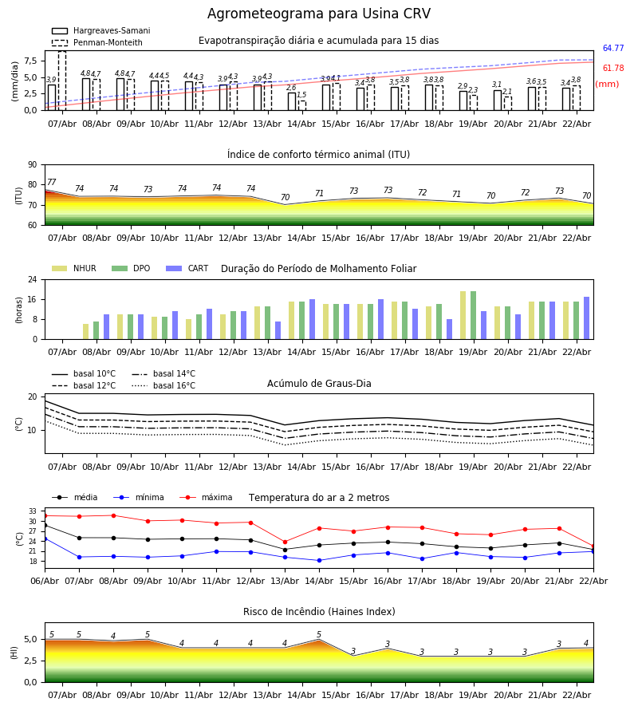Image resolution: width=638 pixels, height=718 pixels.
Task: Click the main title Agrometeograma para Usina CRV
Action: click(319, 14)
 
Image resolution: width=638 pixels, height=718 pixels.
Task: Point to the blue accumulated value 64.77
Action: click(612, 49)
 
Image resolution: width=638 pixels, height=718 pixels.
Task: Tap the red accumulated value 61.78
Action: click(612, 69)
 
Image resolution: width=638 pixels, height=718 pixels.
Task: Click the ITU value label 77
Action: click(52, 183)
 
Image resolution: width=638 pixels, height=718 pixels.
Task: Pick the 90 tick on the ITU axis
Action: click(32, 164)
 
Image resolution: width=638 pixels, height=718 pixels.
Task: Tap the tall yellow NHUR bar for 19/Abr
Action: click(463, 315)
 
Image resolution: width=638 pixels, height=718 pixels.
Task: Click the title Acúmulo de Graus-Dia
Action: click(319, 384)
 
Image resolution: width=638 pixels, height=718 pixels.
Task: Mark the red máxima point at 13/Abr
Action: click(285, 542)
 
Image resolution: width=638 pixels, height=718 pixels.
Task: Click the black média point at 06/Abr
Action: click(45, 525)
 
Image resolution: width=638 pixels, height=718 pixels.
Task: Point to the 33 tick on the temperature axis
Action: click(33, 511)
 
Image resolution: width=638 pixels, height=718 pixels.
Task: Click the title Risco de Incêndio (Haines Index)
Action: click(319, 612)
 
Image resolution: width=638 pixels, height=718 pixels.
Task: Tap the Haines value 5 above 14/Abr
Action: click(319, 635)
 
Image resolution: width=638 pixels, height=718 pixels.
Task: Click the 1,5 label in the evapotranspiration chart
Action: click(301, 95)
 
